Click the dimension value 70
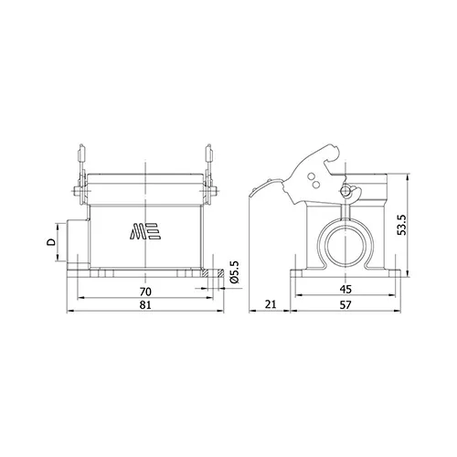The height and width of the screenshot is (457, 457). (x=145, y=292)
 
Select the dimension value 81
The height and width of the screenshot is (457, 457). (x=145, y=304)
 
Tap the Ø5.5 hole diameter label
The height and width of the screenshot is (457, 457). (x=235, y=272)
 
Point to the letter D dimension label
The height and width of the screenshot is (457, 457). (x=51, y=242)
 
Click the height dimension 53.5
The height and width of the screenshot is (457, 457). (x=402, y=225)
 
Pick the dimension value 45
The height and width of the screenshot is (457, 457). (x=345, y=289)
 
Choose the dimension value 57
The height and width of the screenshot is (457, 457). (x=345, y=304)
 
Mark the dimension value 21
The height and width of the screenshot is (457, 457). (x=270, y=304)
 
